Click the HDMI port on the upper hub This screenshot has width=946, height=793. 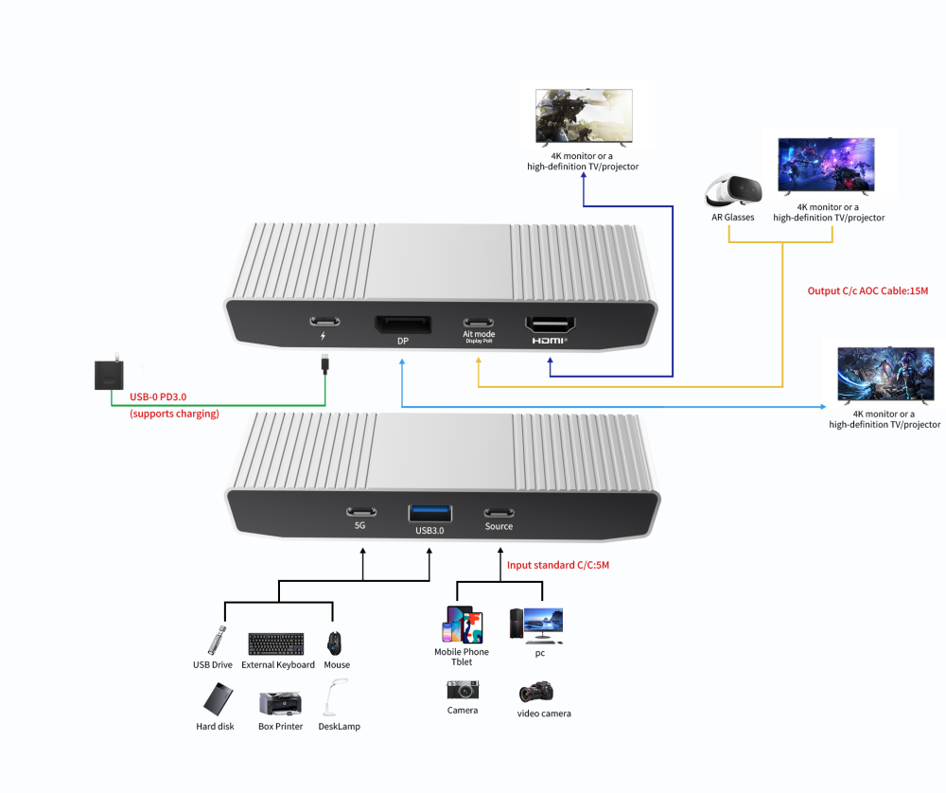551,324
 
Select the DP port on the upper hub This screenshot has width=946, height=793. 403,325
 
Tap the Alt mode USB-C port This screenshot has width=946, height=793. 478,321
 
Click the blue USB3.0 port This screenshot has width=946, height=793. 429,513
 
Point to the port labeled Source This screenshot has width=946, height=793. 499,512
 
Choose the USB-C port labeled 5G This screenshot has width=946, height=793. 359,511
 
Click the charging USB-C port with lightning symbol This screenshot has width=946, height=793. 324,321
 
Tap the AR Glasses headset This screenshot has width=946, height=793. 733,191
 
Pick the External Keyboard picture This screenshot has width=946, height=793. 276,643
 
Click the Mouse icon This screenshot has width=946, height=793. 335,643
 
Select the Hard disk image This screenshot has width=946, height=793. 217,699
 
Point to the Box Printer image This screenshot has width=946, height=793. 280,703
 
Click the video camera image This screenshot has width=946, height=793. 536,692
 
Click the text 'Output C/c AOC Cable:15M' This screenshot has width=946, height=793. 867,291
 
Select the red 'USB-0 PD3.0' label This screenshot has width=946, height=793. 162,398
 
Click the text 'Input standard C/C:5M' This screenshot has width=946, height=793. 558,565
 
